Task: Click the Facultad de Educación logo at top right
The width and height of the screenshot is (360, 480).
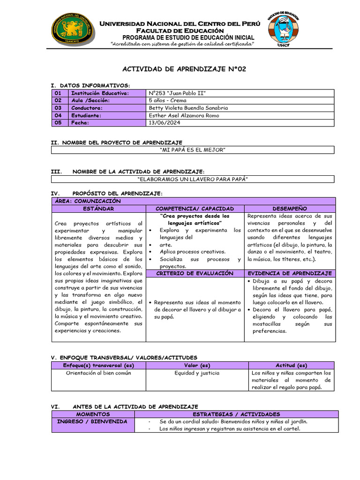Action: click(x=283, y=28)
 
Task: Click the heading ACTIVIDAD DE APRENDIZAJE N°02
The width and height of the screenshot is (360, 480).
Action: click(x=184, y=69)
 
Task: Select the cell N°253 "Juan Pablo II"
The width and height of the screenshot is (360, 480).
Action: click(x=177, y=93)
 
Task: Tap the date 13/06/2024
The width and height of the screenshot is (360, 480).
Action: click(x=165, y=123)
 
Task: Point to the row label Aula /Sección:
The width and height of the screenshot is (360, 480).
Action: click(x=90, y=100)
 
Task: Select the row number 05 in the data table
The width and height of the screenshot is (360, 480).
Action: click(x=58, y=123)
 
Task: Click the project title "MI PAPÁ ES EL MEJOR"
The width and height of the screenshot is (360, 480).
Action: click(x=193, y=150)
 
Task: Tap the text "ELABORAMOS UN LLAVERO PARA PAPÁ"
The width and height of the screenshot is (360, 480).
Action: click(x=193, y=179)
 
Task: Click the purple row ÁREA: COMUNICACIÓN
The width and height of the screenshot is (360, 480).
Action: click(x=193, y=201)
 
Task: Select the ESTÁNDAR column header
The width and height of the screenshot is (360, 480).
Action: click(x=98, y=208)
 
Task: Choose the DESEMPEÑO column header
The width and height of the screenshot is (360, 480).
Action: click(x=289, y=208)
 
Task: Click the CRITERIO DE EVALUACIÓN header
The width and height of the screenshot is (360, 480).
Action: click(x=195, y=273)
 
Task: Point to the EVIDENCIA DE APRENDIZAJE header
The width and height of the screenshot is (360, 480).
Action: click(x=289, y=273)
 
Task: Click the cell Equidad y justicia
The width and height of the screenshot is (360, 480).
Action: click(x=190, y=373)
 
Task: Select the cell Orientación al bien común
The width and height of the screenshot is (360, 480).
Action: click(x=99, y=373)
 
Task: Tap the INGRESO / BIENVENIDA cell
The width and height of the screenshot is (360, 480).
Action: click(x=92, y=421)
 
